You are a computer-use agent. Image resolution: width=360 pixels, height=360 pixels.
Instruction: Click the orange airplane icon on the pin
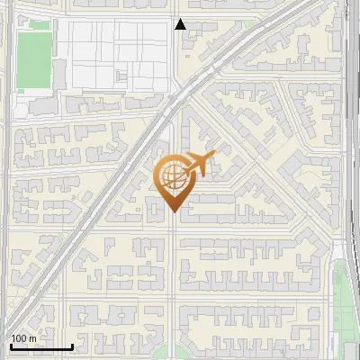point(201,164)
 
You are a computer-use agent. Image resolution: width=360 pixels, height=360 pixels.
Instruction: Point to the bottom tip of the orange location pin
point(173,211)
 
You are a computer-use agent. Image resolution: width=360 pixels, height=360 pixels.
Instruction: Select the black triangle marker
point(181,24)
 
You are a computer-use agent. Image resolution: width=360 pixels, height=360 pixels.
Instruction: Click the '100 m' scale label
point(23,338)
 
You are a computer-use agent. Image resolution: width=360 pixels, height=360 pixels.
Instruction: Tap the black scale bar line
point(40,346)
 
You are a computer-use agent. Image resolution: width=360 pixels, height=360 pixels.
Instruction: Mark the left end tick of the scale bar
point(10,344)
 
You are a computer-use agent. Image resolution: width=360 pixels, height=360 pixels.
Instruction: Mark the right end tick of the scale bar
point(72,344)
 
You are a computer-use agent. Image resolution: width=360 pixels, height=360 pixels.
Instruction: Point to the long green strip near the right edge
point(341,297)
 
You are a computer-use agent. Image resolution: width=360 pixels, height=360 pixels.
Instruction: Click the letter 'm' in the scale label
point(33,338)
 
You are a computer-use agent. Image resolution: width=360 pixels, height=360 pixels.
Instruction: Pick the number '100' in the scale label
point(19,338)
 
